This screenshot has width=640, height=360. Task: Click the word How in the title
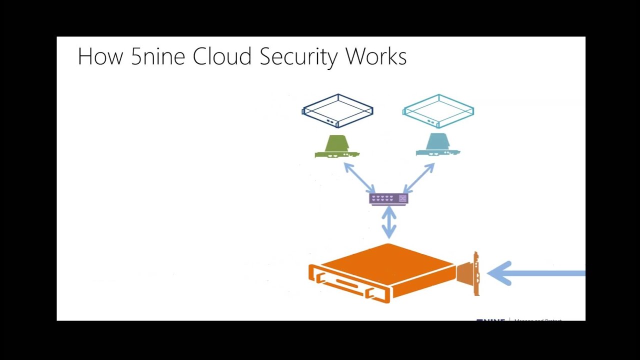[100, 56]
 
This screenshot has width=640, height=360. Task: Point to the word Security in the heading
[299, 57]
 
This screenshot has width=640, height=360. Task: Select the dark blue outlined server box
[337, 110]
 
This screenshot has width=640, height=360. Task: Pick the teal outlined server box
[438, 110]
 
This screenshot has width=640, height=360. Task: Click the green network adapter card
[336, 146]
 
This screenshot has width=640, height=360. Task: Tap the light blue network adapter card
[437, 145]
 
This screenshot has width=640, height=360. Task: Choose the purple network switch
[388, 198]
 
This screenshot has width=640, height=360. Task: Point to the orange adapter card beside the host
[469, 274]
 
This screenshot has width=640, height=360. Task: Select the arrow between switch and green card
[359, 178]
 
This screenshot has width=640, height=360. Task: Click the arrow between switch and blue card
[419, 178]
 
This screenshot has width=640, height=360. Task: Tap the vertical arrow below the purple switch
[389, 222]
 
